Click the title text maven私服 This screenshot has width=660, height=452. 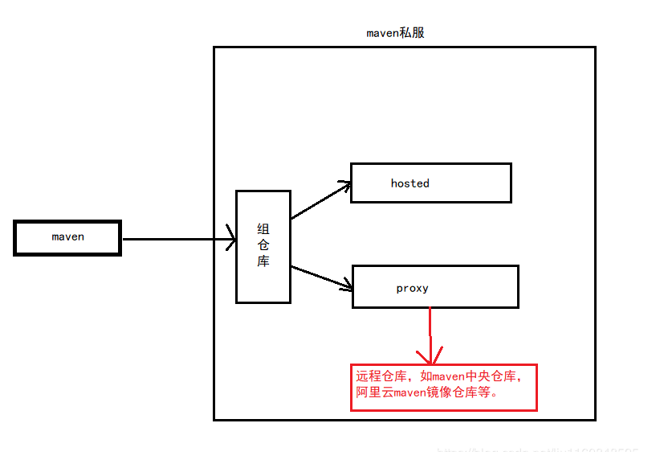click(395, 33)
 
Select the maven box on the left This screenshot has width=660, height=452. click(67, 238)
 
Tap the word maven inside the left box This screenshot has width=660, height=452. click(67, 237)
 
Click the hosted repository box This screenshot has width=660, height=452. click(430, 183)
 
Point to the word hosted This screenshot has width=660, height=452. click(409, 183)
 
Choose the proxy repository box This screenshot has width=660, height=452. click(435, 286)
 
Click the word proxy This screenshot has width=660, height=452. click(412, 288)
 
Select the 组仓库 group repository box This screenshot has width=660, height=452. click(263, 246)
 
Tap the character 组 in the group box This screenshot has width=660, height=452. click(263, 229)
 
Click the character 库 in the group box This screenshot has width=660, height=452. click(263, 262)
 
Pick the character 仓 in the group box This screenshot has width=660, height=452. click(263, 245)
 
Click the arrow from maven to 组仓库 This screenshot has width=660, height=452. click(177, 239)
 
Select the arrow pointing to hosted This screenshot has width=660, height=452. click(320, 200)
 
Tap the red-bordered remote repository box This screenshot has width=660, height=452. click(443, 387)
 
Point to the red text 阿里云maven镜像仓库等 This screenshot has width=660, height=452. click(426, 394)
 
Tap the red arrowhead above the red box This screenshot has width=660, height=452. click(432, 356)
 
